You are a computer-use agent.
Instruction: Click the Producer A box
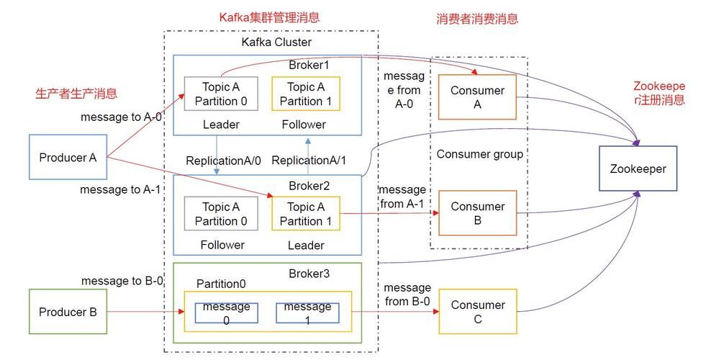click(68, 156)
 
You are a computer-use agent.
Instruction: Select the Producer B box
click(68, 312)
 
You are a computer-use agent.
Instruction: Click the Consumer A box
click(477, 98)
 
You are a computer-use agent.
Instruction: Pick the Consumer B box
click(477, 213)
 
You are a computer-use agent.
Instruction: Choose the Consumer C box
click(477, 312)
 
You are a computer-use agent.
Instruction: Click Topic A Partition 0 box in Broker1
click(220, 94)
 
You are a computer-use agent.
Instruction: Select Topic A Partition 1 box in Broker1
click(306, 94)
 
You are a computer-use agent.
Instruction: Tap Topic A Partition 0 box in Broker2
click(220, 214)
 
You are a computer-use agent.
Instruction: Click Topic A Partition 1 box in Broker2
click(306, 214)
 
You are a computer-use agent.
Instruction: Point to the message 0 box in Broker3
click(226, 313)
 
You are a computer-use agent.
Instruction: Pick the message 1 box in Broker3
click(307, 313)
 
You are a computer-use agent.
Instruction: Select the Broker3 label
click(309, 273)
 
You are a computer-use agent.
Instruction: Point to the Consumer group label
click(479, 154)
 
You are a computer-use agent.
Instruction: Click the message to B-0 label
click(122, 281)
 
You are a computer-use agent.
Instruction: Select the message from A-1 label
click(402, 197)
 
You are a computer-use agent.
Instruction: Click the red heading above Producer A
click(76, 94)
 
